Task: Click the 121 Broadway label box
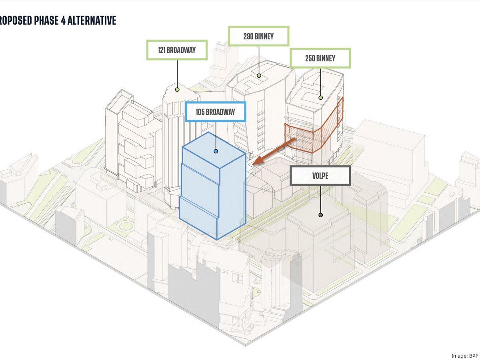tap(177, 50)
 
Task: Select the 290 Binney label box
tap(259, 36)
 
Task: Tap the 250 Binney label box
tap(320, 58)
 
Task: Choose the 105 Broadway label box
tap(215, 112)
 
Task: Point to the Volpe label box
tap(320, 176)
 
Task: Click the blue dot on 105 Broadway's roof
tap(216, 151)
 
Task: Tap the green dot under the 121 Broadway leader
tap(177, 89)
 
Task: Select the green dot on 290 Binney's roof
tap(259, 76)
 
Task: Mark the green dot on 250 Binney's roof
tap(320, 98)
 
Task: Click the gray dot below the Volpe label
tap(320, 215)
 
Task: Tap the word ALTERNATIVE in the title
tap(92, 20)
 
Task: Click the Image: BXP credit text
tap(466, 356)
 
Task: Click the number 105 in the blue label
tap(200, 112)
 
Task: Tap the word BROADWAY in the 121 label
tap(181, 50)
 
